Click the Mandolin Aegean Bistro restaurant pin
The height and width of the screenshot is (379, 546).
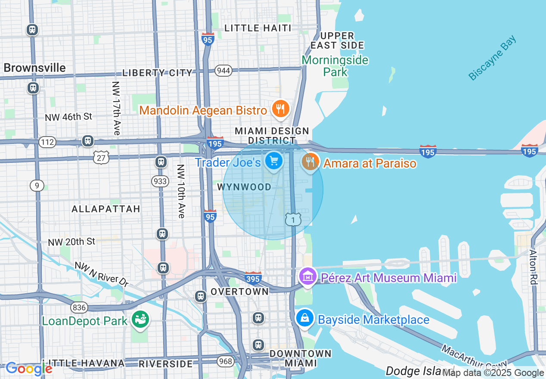click(280, 109)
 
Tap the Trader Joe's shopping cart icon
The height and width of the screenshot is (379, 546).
click(273, 161)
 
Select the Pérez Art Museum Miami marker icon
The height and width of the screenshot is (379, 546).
click(307, 276)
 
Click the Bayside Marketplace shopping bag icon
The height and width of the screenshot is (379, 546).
click(305, 318)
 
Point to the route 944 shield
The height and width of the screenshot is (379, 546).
click(223, 71)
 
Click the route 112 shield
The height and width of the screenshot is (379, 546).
click(47, 142)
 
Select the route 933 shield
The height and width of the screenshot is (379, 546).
click(160, 181)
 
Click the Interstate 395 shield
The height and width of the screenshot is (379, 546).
click(253, 278)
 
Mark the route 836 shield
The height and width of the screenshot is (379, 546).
click(80, 307)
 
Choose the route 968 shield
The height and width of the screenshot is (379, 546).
click(226, 361)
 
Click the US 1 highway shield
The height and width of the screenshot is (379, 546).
click(293, 219)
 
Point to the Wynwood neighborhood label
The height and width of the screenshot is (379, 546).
click(244, 187)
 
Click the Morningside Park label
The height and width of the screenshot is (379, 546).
click(335, 65)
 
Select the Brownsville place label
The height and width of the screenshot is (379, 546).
click(35, 68)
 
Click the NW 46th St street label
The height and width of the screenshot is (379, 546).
click(68, 117)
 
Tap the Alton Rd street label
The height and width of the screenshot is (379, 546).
click(534, 267)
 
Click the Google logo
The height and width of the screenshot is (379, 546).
click(29, 369)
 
